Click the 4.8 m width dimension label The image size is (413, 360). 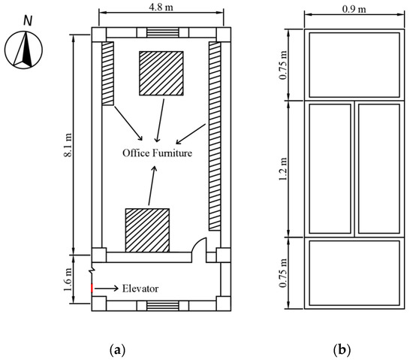(x=161, y=7)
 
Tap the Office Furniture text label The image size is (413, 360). (x=158, y=154)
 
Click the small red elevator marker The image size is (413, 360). (x=92, y=288)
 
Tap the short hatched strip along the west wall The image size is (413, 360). (x=107, y=73)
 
